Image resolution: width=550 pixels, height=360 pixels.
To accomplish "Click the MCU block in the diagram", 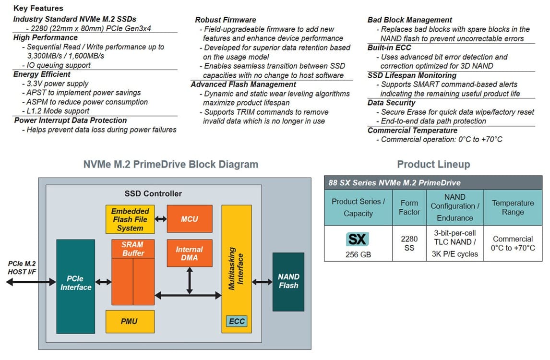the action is click(190, 218).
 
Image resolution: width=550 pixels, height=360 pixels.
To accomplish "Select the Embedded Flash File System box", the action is click(130, 219).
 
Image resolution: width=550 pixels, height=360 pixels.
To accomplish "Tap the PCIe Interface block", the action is click(75, 286).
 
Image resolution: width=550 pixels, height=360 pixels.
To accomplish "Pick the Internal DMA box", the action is click(190, 253).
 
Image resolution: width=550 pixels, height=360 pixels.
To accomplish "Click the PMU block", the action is click(130, 322).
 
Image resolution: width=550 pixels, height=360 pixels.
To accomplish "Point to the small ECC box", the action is click(237, 321).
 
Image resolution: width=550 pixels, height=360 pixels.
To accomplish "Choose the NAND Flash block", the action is click(288, 282).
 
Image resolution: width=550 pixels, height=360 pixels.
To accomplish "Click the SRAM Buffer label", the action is click(133, 249).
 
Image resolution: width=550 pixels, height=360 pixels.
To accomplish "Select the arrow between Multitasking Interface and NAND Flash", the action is click(262, 282).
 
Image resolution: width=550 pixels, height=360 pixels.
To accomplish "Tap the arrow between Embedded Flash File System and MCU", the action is click(161, 219).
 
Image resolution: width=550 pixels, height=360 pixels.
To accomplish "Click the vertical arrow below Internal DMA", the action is click(190, 281).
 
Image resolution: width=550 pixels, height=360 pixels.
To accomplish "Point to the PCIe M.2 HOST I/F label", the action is click(22, 268).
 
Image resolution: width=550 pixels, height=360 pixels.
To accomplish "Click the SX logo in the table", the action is click(357, 240).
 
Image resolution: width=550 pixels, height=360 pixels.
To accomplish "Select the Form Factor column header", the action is click(409, 207).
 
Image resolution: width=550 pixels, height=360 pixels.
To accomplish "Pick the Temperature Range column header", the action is click(513, 207).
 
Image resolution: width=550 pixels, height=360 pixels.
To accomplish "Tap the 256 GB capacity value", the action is click(358, 254).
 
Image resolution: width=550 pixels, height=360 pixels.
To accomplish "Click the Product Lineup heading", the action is click(433, 164).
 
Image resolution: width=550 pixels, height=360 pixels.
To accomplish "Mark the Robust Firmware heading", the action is click(226, 20).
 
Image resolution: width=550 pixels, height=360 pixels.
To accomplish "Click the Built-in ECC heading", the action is click(389, 48).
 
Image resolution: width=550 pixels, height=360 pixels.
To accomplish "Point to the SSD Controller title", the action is click(153, 193).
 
